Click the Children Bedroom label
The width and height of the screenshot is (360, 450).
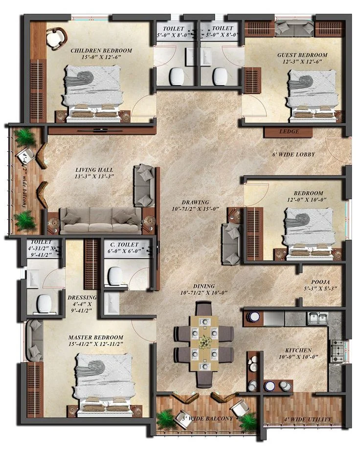point(101,51)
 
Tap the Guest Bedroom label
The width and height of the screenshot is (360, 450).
point(302,55)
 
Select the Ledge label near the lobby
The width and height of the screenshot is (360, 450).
point(289,132)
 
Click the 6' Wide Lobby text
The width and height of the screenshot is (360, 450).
point(293,155)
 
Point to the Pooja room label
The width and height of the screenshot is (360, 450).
point(320,282)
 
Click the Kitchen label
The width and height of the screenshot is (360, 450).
point(298,350)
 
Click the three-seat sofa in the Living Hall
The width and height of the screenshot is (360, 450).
point(100,220)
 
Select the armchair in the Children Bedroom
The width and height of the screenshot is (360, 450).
point(57,38)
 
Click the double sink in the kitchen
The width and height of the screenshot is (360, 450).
point(318,318)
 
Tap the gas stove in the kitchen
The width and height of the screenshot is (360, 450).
point(337,351)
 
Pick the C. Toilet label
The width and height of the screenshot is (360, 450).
point(124,245)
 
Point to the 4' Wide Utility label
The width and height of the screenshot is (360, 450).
point(308,419)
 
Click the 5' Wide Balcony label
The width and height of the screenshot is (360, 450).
point(207,419)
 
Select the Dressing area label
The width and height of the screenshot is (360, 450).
point(82,297)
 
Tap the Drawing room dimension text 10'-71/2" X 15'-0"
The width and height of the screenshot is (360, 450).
point(196,209)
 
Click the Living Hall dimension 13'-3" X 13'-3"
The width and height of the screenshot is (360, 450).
point(94,177)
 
